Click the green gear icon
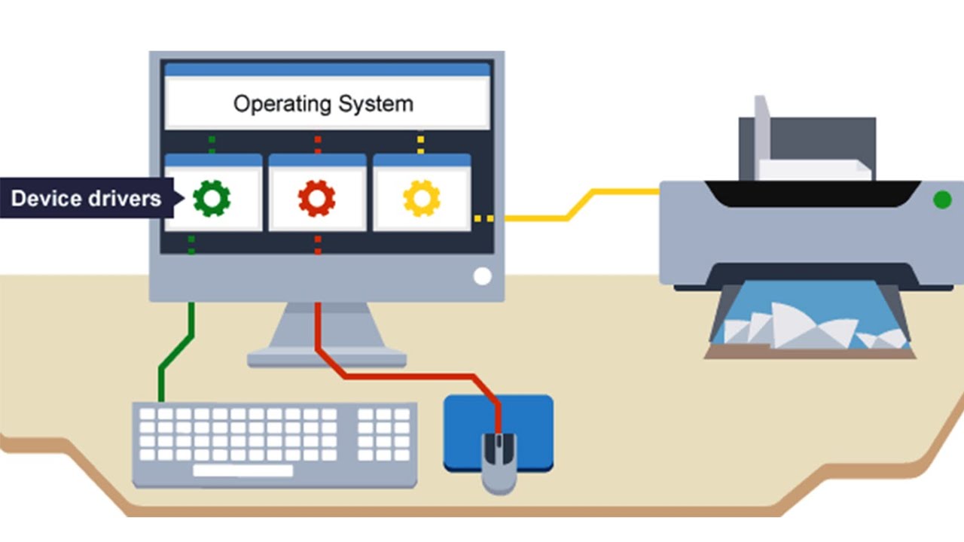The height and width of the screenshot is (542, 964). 212,198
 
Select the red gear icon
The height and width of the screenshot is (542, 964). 316,198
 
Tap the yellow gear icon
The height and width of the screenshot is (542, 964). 421,198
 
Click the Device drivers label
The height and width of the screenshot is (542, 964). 87,199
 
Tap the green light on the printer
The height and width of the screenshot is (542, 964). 941,199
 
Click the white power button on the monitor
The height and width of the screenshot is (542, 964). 482,276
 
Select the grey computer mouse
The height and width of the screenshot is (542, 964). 499,462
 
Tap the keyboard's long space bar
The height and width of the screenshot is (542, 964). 243,470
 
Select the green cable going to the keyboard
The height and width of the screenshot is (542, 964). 175,354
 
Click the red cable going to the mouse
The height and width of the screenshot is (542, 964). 407,374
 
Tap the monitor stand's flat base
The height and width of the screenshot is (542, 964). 327,358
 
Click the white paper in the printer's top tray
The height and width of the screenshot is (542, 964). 813,170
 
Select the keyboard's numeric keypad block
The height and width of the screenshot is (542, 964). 384,434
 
